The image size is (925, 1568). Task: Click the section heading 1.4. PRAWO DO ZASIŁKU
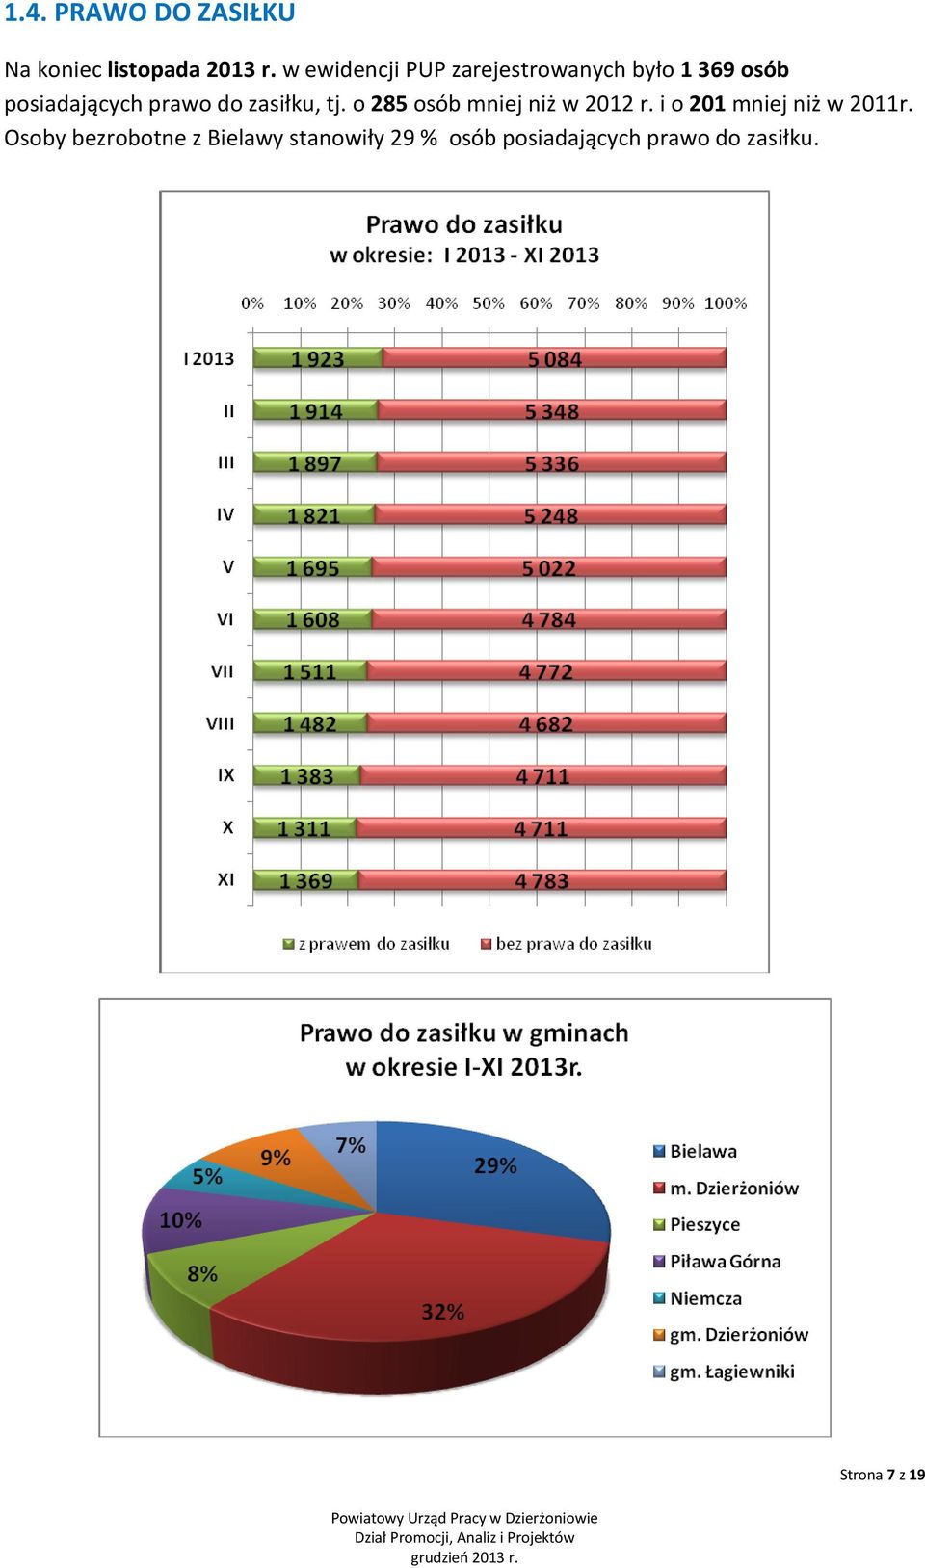point(150,12)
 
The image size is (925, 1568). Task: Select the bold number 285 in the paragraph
point(388,104)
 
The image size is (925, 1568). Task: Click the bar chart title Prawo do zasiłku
point(463,224)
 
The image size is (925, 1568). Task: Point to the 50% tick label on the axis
point(489,303)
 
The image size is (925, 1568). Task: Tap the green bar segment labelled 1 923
point(318,358)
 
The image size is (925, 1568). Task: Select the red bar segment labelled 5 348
point(552,410)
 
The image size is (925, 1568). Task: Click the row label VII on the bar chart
point(222,671)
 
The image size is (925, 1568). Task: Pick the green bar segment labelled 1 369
point(305,880)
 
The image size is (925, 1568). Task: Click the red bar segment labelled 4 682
point(546,723)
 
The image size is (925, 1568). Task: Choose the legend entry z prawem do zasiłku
point(366,944)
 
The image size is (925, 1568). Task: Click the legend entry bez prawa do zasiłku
point(566,944)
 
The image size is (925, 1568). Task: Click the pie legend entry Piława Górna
point(717,1262)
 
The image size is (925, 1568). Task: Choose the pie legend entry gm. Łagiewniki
point(724,1372)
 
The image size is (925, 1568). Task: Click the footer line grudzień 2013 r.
point(464,1557)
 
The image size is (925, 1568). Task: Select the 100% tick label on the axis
point(726,303)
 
